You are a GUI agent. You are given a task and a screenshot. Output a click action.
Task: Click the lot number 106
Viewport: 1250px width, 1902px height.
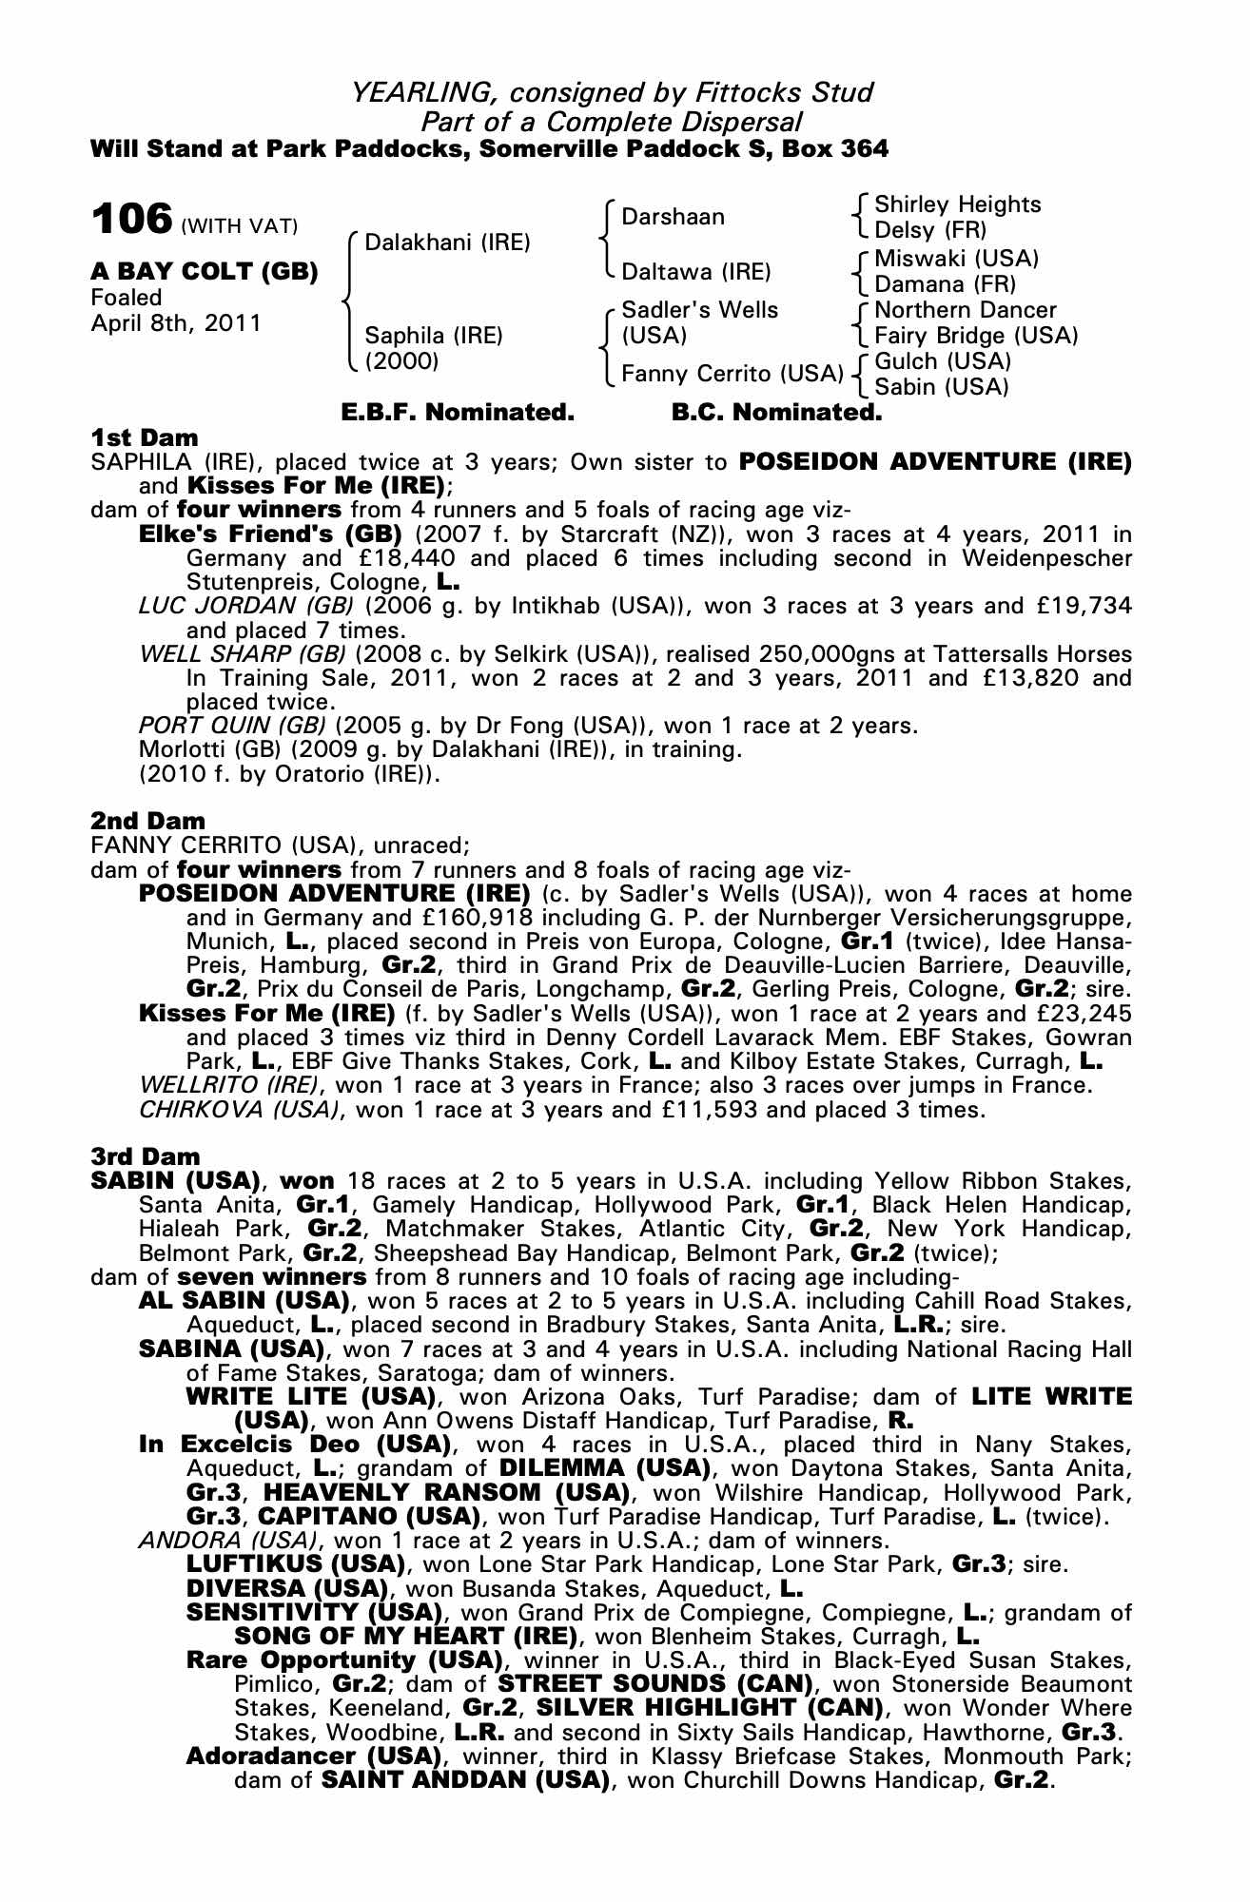pos(130,220)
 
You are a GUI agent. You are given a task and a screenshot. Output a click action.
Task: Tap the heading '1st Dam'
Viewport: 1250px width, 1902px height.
pos(145,437)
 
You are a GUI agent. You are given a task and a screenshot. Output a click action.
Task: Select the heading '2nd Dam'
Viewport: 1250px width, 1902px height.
pos(147,820)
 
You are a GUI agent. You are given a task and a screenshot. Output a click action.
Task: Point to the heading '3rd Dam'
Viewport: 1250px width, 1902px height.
pos(146,1156)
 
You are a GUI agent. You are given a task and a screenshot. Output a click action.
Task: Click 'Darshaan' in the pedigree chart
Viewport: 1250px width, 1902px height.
pos(673,217)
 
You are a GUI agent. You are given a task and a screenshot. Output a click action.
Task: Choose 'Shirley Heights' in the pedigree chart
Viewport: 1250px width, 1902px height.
pos(957,204)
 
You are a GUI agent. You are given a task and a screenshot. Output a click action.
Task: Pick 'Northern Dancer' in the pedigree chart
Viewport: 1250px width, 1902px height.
pos(965,310)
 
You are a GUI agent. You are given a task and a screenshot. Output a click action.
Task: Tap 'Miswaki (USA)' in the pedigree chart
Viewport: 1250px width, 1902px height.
pos(956,259)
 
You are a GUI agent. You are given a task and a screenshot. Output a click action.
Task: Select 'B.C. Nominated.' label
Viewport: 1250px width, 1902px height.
pos(776,413)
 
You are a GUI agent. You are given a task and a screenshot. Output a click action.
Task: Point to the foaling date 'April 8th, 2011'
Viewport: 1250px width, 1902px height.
pos(176,323)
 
